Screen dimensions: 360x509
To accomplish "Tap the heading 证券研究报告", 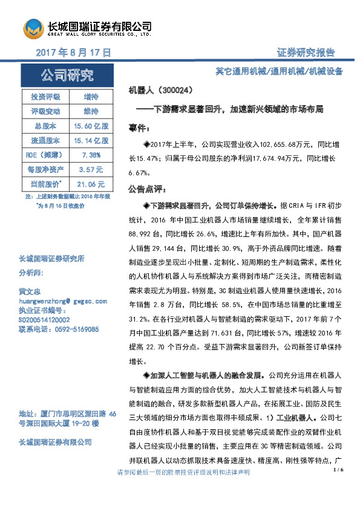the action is tap(306, 53).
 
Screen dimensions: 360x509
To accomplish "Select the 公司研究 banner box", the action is tap(67, 76).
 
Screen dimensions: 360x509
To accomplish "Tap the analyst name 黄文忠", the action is tap(31, 291).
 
